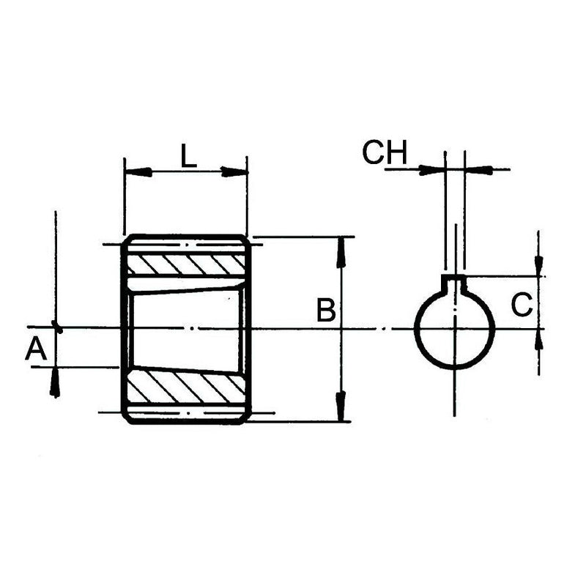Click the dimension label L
click(188, 156)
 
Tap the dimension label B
click(326, 311)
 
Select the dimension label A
click(36, 349)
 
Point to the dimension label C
click(521, 305)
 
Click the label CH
click(384, 153)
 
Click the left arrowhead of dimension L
click(139, 172)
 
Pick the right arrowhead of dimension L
click(234, 172)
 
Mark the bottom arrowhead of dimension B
click(341, 407)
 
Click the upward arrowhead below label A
click(54, 384)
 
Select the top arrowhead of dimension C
click(538, 264)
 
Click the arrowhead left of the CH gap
click(433, 170)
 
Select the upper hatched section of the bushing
click(187, 264)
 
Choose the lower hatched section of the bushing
click(187, 387)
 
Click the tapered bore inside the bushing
click(187, 327)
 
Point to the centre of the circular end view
click(455, 327)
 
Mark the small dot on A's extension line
click(57, 327)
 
